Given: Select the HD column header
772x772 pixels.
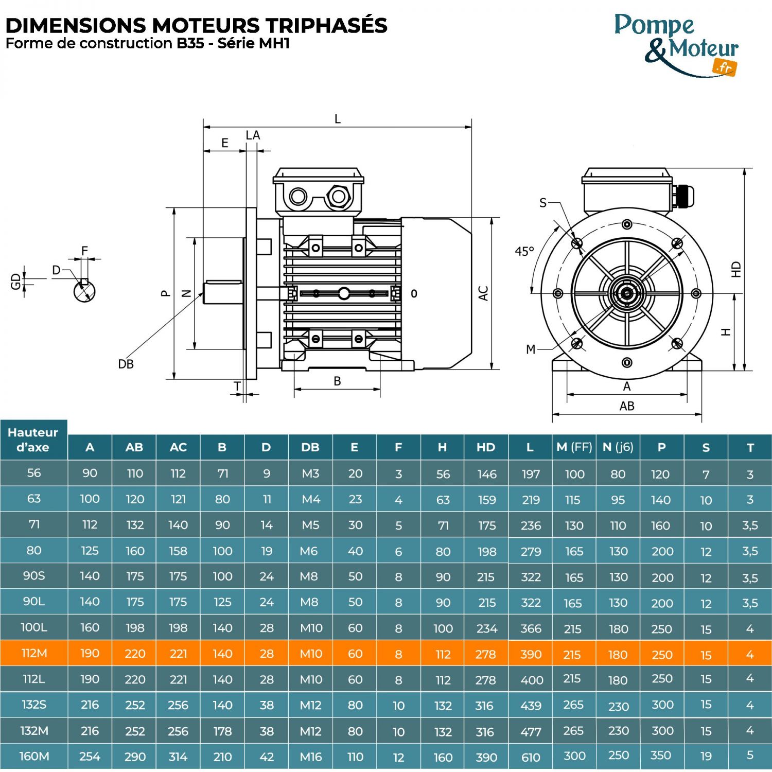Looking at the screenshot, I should click(x=486, y=447).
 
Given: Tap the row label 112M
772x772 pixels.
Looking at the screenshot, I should click(x=34, y=653).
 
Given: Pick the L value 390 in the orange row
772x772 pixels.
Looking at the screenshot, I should click(x=531, y=654).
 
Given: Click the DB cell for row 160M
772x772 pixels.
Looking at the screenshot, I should click(x=310, y=757).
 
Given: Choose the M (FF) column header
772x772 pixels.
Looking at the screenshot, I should click(x=574, y=447).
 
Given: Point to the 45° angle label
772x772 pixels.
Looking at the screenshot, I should click(x=524, y=252).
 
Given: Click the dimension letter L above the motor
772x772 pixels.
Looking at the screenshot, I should click(x=338, y=119).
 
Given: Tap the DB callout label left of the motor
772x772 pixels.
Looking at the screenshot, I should click(x=126, y=364).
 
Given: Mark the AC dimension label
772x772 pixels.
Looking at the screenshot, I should click(x=483, y=293).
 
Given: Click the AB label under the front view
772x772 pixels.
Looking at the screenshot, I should click(x=627, y=406).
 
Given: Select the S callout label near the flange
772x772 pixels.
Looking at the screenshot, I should click(x=543, y=203).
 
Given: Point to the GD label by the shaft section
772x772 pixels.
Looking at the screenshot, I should click(x=16, y=281).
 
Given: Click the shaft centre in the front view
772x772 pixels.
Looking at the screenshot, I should click(x=627, y=294).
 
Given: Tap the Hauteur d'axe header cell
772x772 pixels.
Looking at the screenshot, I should click(x=33, y=440).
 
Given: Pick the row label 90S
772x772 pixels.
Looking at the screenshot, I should click(x=34, y=576).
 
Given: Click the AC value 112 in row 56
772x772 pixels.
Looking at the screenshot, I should click(x=178, y=473).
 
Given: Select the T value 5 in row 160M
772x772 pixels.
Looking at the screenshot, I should click(x=750, y=756).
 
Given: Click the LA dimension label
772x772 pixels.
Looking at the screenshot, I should click(x=253, y=135).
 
